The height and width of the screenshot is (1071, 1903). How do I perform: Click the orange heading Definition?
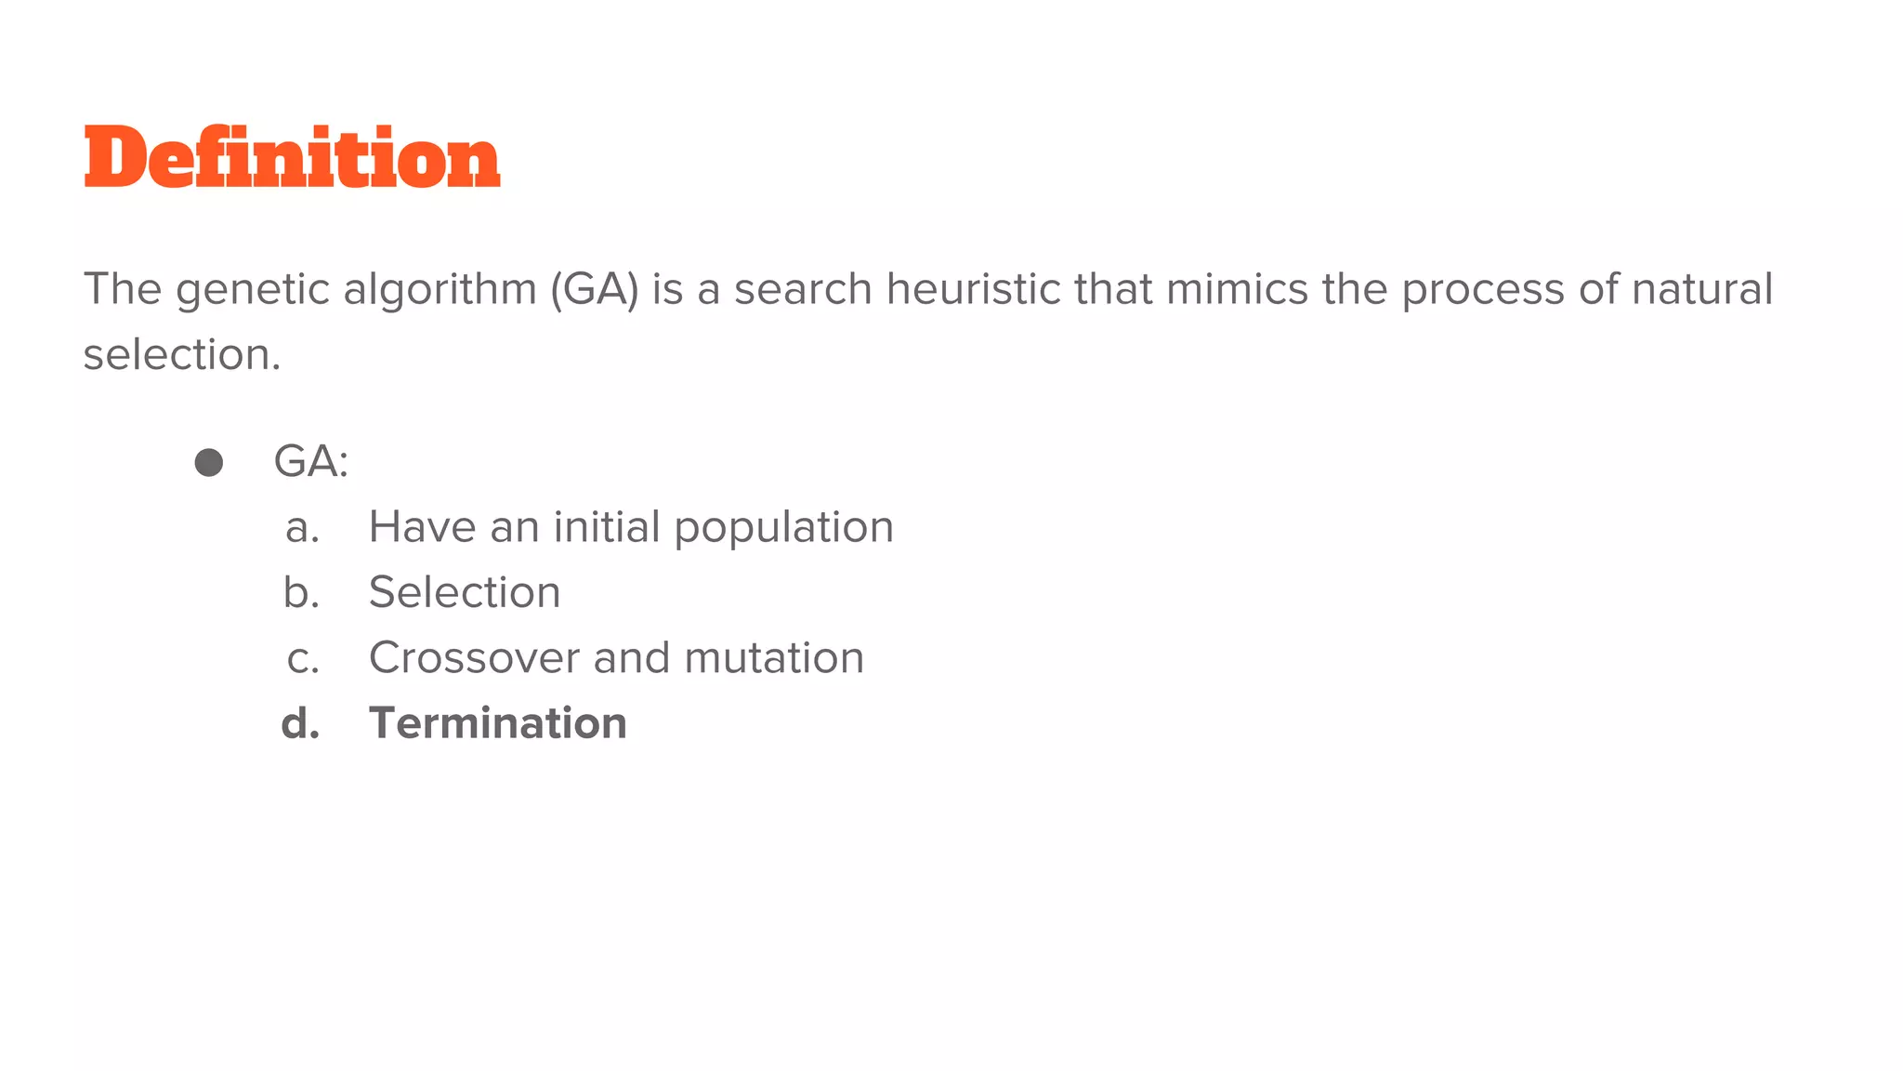coord(292,158)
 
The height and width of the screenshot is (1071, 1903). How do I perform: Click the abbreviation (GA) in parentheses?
coord(595,289)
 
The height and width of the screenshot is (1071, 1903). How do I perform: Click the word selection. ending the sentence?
coord(182,355)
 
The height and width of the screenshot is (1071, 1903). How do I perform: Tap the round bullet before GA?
coord(209,463)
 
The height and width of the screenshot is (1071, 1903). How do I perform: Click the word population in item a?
coord(783,528)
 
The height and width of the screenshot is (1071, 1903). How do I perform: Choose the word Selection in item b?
coord(465,593)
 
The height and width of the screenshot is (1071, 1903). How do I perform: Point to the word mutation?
coord(774,658)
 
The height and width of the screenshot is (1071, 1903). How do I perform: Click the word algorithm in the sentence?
coord(440,289)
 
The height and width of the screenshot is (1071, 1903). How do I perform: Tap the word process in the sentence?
coord(1483,289)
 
